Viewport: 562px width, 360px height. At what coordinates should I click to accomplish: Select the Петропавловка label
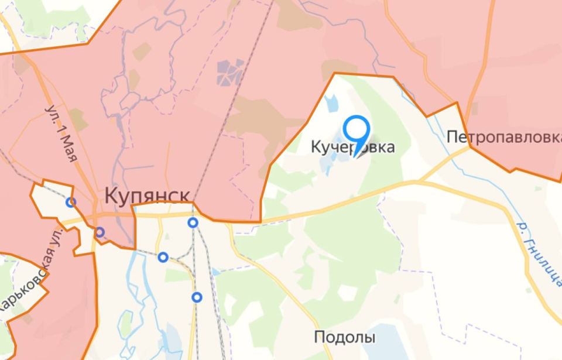(x=503, y=138)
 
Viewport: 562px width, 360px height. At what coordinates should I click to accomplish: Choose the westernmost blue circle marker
(x=71, y=203)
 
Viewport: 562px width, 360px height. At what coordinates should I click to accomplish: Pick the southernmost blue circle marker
(x=197, y=297)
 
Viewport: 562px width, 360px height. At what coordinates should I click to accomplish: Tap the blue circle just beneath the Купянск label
(x=193, y=222)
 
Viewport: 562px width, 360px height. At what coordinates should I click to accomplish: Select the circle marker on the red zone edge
(x=100, y=232)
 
